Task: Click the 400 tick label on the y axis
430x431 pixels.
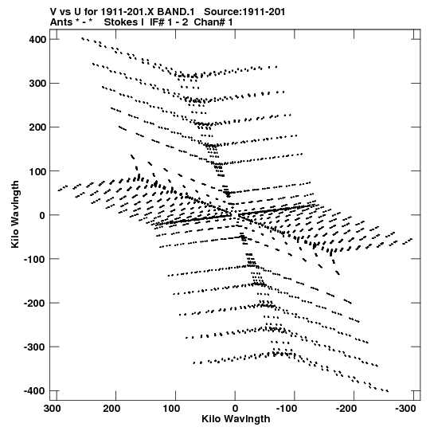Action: (37, 40)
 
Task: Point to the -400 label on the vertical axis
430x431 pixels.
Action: (34, 391)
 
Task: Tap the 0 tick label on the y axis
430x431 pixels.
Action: (42, 215)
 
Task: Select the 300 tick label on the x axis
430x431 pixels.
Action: (53, 409)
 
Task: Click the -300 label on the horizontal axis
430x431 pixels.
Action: (405, 409)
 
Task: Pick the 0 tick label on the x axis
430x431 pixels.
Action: (235, 409)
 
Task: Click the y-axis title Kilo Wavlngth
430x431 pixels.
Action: (15, 214)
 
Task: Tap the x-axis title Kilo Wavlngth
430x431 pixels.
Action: (236, 419)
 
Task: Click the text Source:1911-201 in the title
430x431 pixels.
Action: (244, 12)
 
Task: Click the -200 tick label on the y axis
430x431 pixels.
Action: (34, 303)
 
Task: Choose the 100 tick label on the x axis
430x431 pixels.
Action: (171, 409)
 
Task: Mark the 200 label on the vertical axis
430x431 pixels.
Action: (37, 127)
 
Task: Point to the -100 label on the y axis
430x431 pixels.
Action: (34, 259)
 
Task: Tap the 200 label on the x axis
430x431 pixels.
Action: (111, 409)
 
